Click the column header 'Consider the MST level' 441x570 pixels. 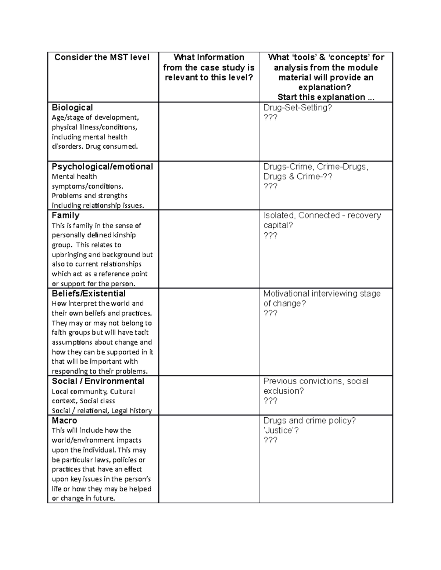pos(102,57)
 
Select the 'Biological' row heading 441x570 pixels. pos(72,108)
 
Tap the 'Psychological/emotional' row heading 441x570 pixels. pos(102,167)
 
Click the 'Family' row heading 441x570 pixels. pos(65,215)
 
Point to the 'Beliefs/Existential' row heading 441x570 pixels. pos(89,294)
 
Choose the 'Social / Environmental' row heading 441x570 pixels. pos(98,381)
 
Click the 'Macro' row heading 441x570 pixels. pos(64,421)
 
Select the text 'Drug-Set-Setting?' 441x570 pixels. pos(298,108)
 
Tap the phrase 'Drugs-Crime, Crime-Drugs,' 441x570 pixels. pos(316,167)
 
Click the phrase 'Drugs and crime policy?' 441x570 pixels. pos(309,421)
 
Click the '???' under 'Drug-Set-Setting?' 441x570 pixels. pos(270,117)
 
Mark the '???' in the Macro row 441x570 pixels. pos(270,440)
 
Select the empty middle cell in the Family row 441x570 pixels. pos(209,249)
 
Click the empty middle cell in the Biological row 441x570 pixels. pos(209,131)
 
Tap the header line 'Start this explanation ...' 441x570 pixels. pos(326,97)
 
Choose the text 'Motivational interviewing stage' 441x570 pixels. pos(322,294)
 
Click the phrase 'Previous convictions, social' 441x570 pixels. pos(316,381)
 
